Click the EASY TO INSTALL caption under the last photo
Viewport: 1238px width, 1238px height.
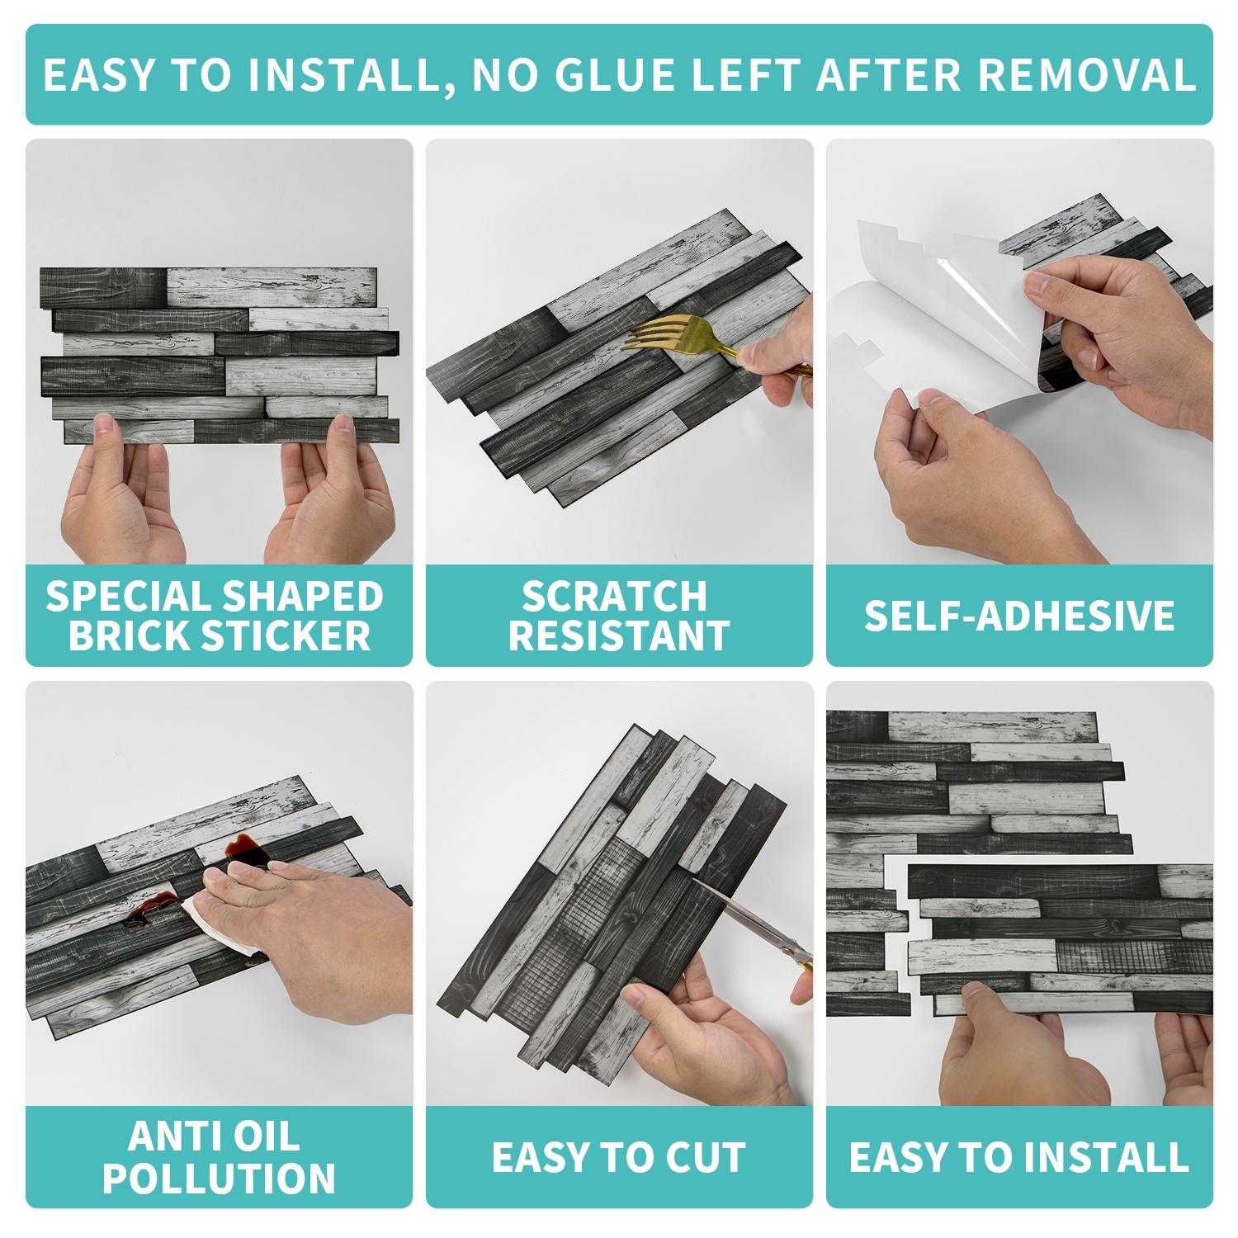1018,1157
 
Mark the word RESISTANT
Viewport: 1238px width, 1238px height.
618,636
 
